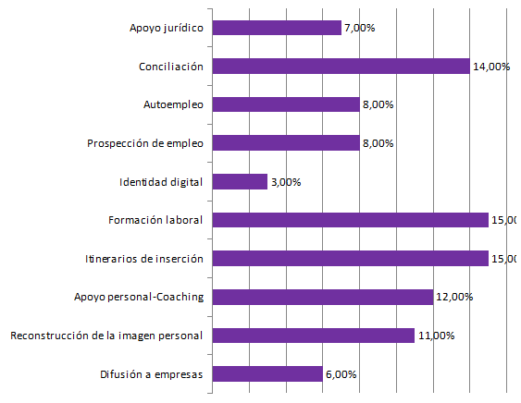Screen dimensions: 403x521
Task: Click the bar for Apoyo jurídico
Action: tap(277, 28)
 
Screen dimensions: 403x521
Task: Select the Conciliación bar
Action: tap(341, 66)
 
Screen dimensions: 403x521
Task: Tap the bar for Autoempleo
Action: tap(286, 104)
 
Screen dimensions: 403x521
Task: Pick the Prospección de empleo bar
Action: tap(286, 143)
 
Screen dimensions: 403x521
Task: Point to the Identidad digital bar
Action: tap(240, 182)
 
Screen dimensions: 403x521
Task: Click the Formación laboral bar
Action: tap(351, 220)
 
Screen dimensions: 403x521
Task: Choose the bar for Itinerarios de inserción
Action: tap(351, 259)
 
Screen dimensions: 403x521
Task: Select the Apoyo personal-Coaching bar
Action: tap(323, 297)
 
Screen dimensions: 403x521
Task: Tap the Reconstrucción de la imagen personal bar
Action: tap(314, 336)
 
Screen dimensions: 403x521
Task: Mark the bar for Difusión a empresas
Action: tap(267, 374)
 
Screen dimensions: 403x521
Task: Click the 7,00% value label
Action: tap(359, 28)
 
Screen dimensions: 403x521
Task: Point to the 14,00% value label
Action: tap(491, 67)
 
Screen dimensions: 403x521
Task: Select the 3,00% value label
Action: tap(285, 182)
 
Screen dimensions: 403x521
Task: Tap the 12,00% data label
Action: tap(454, 298)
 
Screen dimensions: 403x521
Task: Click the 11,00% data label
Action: tap(436, 336)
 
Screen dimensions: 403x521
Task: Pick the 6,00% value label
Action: tap(341, 374)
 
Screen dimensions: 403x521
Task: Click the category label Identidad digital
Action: tap(162, 182)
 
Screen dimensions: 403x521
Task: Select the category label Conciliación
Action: tap(171, 67)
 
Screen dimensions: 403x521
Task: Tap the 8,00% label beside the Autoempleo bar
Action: tap(378, 104)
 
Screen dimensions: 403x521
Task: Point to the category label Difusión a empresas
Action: tap(152, 374)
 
